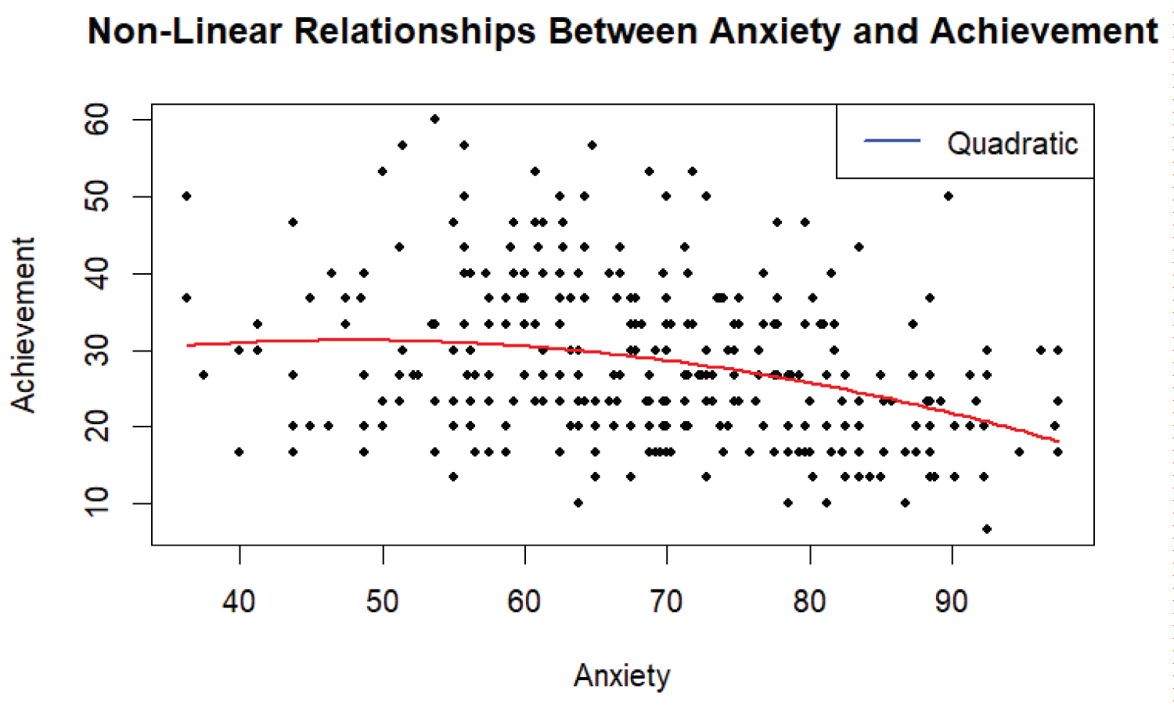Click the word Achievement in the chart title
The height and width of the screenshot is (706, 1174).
[x=1043, y=31]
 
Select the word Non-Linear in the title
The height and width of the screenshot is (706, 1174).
[x=184, y=31]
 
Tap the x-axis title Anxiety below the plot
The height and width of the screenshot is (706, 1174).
[x=622, y=675]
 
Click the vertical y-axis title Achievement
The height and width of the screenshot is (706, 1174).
[x=23, y=324]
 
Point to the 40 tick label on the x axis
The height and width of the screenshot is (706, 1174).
[x=239, y=601]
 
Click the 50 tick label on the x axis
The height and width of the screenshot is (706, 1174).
[x=382, y=601]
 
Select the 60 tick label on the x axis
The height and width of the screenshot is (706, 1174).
[x=524, y=601]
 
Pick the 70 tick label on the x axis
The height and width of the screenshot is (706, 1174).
[x=667, y=601]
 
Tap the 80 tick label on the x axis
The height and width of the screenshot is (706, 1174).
[x=809, y=601]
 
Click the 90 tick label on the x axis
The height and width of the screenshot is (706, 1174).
[x=952, y=601]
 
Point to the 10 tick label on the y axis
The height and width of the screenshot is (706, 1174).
[x=97, y=502]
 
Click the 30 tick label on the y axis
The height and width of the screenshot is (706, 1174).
[x=97, y=350]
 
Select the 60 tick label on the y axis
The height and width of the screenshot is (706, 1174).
[x=97, y=120]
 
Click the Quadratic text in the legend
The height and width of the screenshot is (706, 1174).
[x=1012, y=144]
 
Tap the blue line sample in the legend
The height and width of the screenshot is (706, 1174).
[x=891, y=141]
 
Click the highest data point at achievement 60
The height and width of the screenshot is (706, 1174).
[x=435, y=119]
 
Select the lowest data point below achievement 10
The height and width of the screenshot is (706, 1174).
[x=987, y=529]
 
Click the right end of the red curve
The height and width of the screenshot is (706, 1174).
[x=1058, y=441]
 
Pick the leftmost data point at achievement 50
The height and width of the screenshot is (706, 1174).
[x=186, y=196]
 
